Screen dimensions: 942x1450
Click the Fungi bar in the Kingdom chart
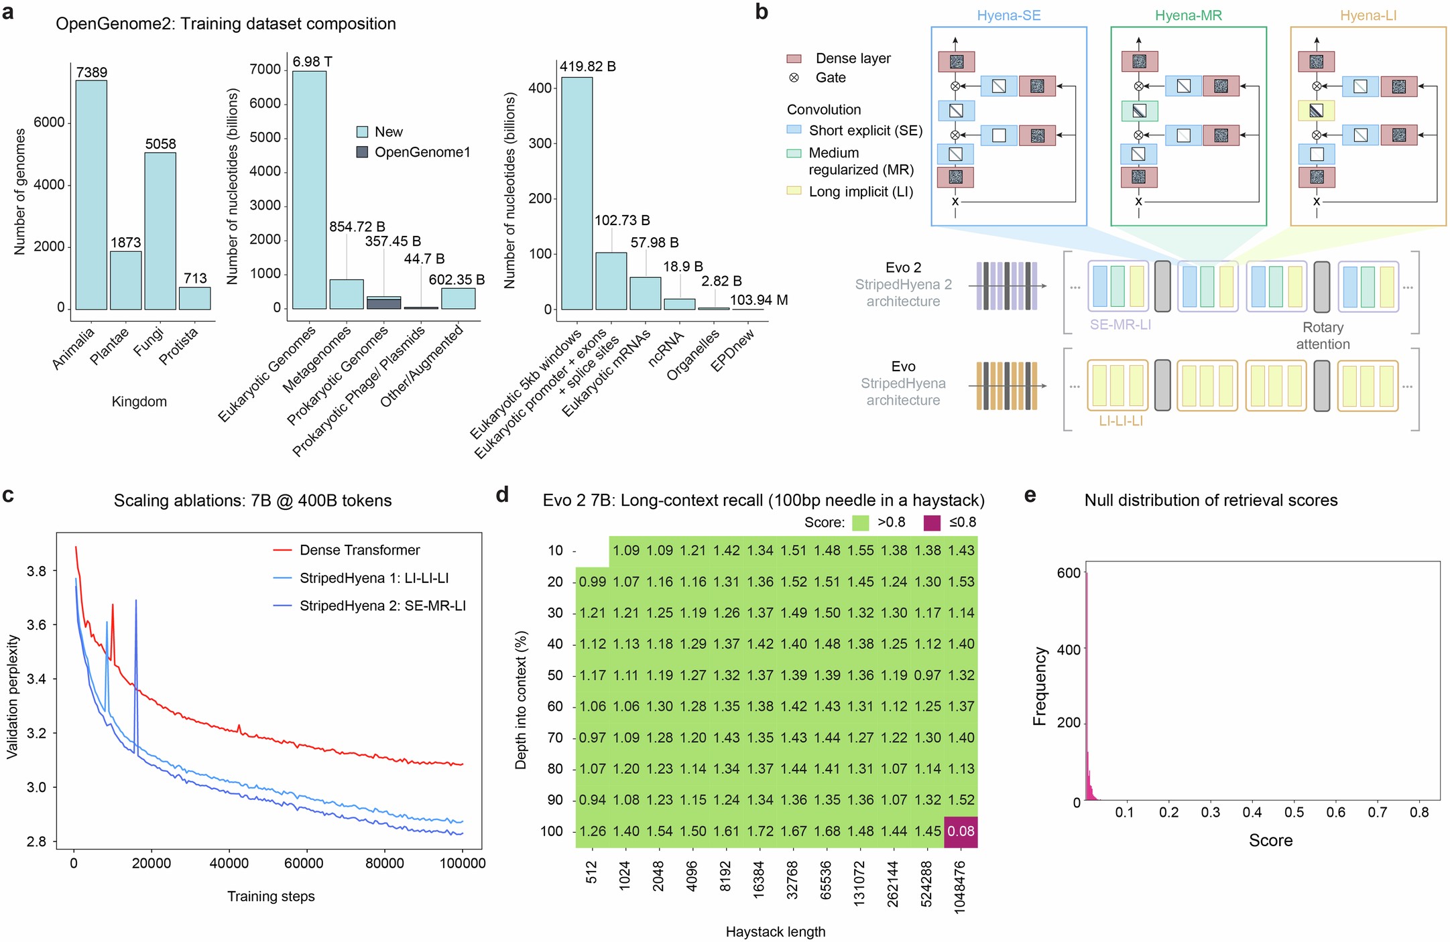[x=160, y=231]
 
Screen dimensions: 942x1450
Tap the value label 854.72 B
[x=357, y=226]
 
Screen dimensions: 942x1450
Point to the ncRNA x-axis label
[x=666, y=348]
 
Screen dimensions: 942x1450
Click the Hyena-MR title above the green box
[x=1188, y=15]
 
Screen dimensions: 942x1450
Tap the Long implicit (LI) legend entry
[x=860, y=192]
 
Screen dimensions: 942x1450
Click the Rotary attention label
[x=1322, y=336]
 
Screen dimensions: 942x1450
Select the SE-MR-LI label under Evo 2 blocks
[x=1120, y=325]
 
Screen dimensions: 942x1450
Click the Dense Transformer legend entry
[x=359, y=550]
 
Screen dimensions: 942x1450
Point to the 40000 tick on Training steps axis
[x=229, y=863]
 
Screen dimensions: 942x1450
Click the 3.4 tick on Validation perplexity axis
[x=36, y=679]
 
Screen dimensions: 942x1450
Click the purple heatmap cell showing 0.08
[x=960, y=831]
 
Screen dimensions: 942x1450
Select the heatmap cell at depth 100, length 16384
[x=760, y=831]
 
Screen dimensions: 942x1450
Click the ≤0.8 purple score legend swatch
[x=932, y=523]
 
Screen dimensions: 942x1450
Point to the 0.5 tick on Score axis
[x=1293, y=812]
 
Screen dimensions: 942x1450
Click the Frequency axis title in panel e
[x=1039, y=686]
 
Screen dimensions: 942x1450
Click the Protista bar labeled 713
[x=194, y=298]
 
